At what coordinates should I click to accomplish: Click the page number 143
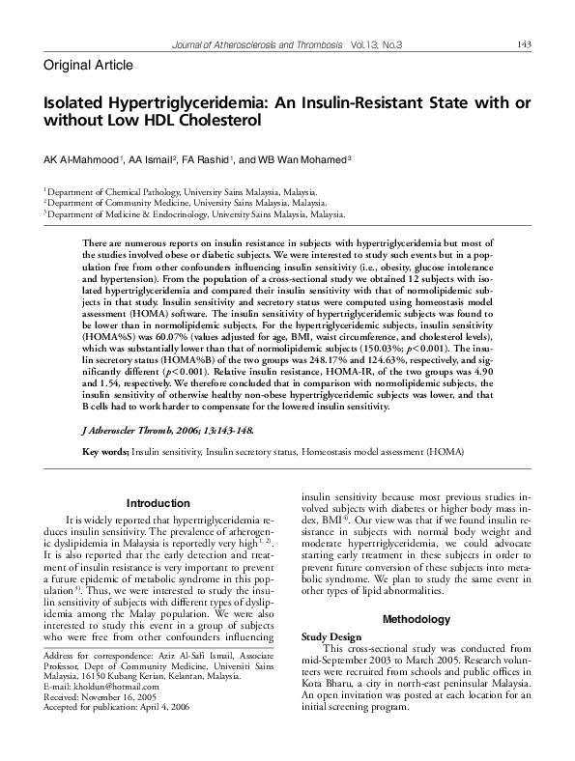524,44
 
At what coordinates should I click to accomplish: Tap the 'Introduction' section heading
158,503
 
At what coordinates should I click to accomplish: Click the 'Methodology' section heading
417,619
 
